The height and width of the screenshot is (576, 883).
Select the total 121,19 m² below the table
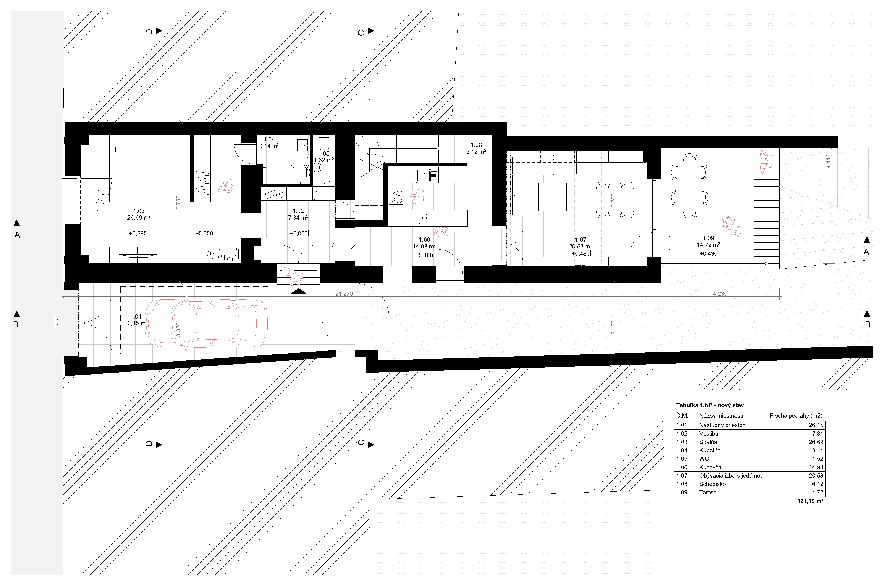[x=810, y=501]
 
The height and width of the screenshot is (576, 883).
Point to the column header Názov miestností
[x=721, y=416]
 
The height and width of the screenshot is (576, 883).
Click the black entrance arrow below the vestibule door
[x=299, y=292]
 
